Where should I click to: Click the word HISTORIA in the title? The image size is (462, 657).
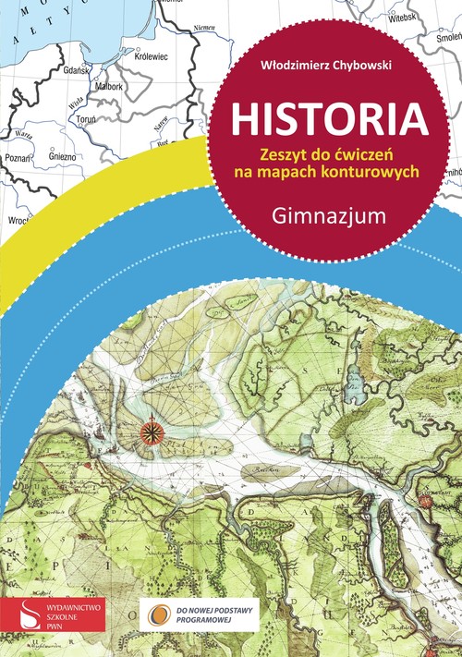click(329, 119)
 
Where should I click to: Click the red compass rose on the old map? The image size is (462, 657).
click(151, 429)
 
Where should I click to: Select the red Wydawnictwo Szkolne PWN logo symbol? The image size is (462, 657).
click(26, 611)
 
